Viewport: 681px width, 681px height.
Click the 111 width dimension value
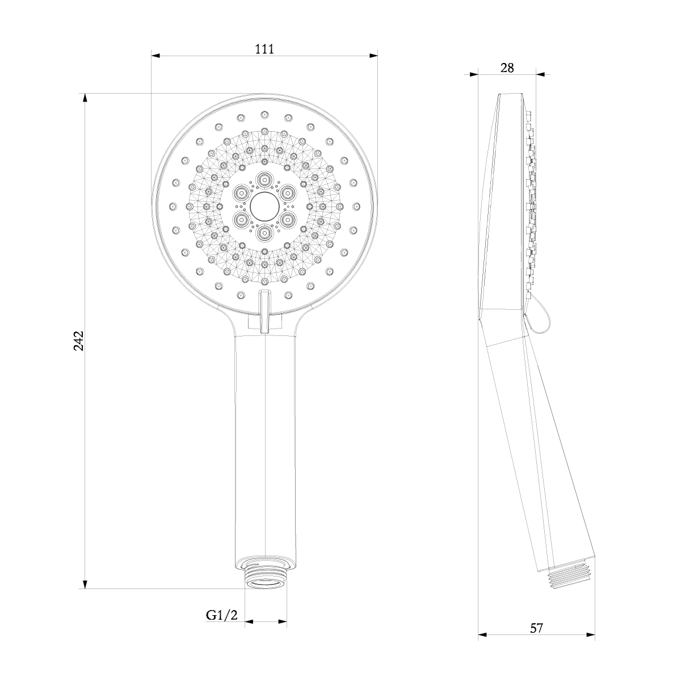tap(264, 49)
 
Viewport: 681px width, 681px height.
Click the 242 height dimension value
tap(79, 340)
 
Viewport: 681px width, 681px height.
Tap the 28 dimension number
tap(507, 68)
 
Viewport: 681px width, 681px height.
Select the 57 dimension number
tap(536, 628)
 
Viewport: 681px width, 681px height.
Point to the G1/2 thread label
tap(221, 615)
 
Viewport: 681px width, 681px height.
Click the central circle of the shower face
tap(264, 206)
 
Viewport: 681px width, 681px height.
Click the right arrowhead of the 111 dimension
tap(373, 56)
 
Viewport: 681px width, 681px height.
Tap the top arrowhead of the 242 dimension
tap(86, 98)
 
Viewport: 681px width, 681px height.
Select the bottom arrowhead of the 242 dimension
tap(86, 584)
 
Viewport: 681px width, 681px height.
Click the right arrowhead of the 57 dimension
tap(591, 634)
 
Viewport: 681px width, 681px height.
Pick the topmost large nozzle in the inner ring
tap(264, 180)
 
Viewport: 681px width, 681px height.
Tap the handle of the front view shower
tap(265, 443)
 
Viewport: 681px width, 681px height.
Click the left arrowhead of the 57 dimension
tap(482, 634)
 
